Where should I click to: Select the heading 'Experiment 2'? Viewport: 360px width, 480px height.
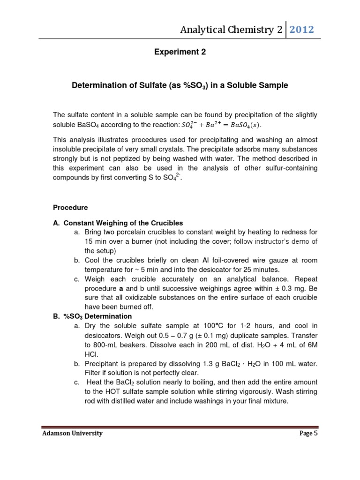coord(180,52)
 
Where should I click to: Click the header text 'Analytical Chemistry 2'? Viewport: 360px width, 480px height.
coord(232,30)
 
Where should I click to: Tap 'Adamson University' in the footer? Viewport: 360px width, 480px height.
coord(72,434)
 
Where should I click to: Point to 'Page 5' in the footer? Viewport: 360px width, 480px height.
coord(308,434)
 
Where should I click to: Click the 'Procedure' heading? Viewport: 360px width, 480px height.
coord(70,207)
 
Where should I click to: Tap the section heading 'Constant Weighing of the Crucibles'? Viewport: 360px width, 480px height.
coord(123,223)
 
